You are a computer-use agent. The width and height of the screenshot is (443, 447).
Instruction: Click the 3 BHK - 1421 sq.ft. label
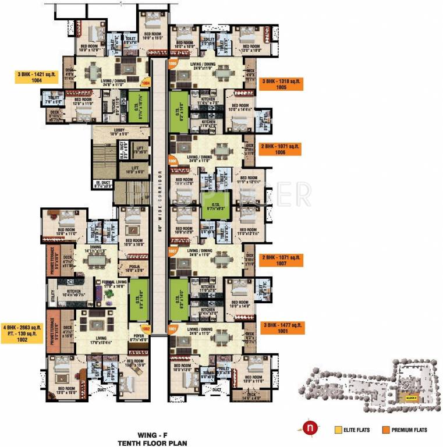[38, 77]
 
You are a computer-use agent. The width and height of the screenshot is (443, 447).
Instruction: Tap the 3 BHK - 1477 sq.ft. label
[282, 327]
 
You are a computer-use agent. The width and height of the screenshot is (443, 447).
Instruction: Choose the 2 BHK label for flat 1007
[282, 259]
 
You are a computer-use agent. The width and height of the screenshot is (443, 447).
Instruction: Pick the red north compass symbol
[309, 430]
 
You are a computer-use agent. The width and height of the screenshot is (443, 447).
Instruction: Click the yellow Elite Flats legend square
[338, 430]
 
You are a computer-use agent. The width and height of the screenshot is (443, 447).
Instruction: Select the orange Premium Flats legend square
[385, 430]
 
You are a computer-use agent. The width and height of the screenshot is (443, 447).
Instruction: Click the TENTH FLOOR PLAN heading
[151, 443]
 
